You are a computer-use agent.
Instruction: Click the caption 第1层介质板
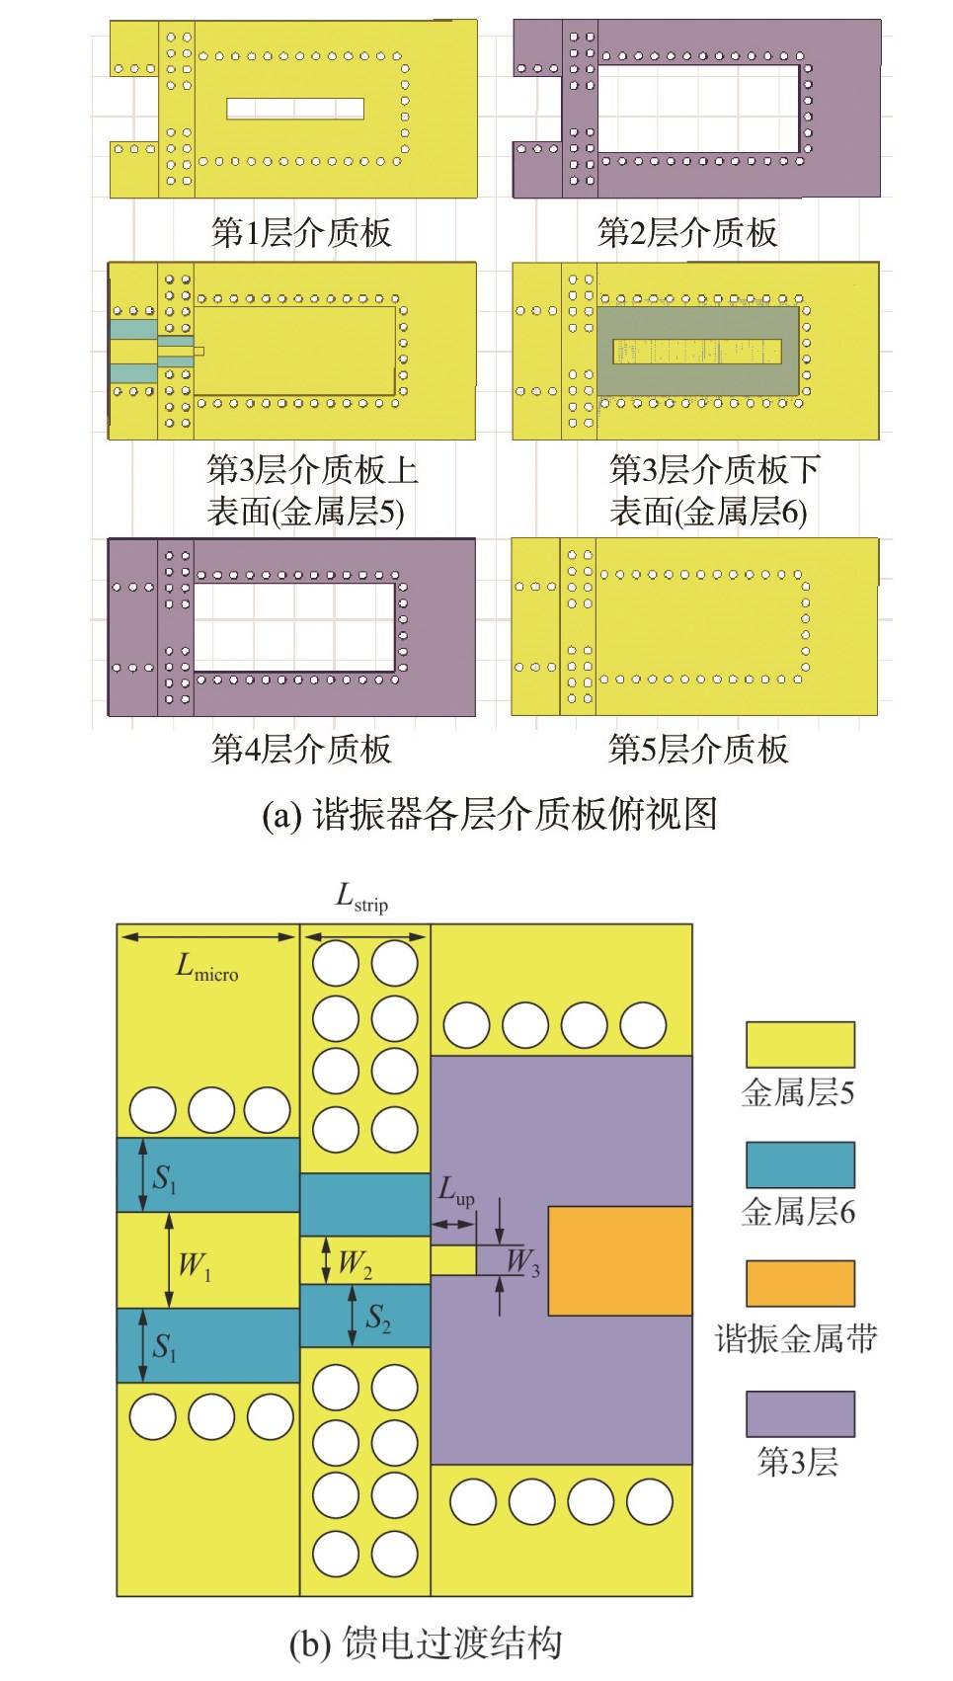pyautogui.click(x=301, y=233)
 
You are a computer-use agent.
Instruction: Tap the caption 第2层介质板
pyautogui.click(x=687, y=233)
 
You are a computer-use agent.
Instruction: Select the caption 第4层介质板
pyautogui.click(x=301, y=749)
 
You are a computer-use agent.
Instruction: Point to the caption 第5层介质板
pyautogui.click(x=698, y=749)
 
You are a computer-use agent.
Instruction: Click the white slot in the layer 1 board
pyautogui.click(x=295, y=109)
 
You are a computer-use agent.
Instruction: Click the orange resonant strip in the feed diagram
pyautogui.click(x=619, y=1260)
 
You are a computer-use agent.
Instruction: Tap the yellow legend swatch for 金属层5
pyautogui.click(x=800, y=1044)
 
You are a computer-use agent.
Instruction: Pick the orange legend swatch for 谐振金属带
pyautogui.click(x=800, y=1283)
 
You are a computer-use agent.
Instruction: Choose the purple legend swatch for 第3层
pyautogui.click(x=800, y=1414)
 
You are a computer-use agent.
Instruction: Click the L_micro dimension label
pyautogui.click(x=206, y=968)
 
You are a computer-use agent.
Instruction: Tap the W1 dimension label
pyautogui.click(x=194, y=1264)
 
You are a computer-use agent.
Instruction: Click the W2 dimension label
pyautogui.click(x=355, y=1263)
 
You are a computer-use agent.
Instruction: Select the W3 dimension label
pyautogui.click(x=522, y=1262)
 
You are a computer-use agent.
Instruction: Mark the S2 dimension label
pyautogui.click(x=378, y=1318)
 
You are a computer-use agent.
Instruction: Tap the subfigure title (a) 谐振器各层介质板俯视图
pyautogui.click(x=489, y=815)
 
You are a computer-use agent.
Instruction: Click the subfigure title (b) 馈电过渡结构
pyautogui.click(x=426, y=1643)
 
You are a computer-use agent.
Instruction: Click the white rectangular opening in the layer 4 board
pyautogui.click(x=294, y=627)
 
